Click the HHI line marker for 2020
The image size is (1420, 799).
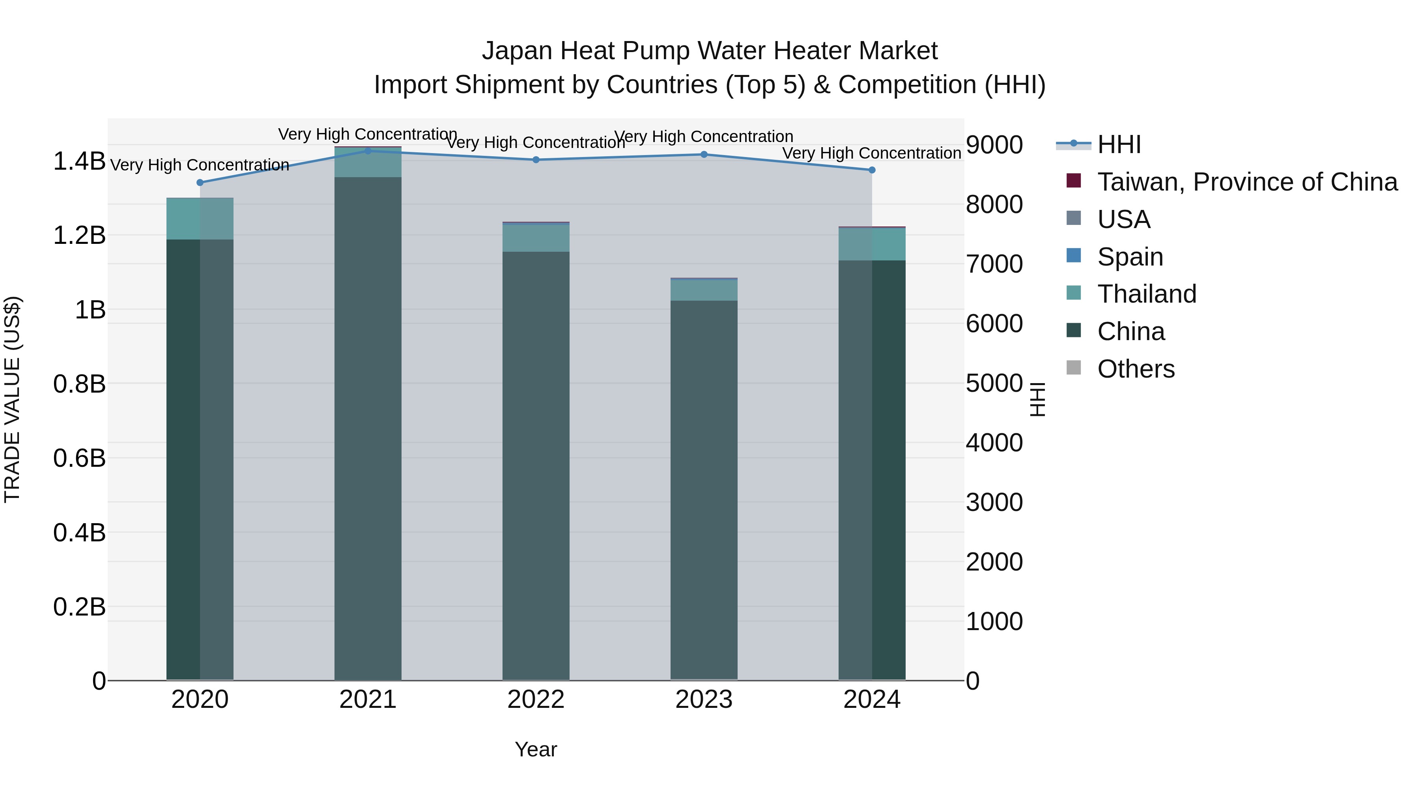(200, 183)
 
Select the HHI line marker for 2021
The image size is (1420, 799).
(368, 151)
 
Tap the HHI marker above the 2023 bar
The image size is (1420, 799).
(704, 154)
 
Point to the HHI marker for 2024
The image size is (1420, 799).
(872, 170)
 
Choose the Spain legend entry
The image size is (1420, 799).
(1130, 257)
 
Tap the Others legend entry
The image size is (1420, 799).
(1136, 369)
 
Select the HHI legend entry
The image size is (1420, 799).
(1119, 144)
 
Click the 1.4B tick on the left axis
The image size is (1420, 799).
(79, 161)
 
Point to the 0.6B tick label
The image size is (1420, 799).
(79, 458)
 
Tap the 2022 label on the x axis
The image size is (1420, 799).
(536, 700)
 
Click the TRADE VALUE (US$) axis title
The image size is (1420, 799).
(12, 399)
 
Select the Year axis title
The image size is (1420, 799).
(536, 749)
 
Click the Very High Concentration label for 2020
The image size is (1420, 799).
(200, 165)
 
